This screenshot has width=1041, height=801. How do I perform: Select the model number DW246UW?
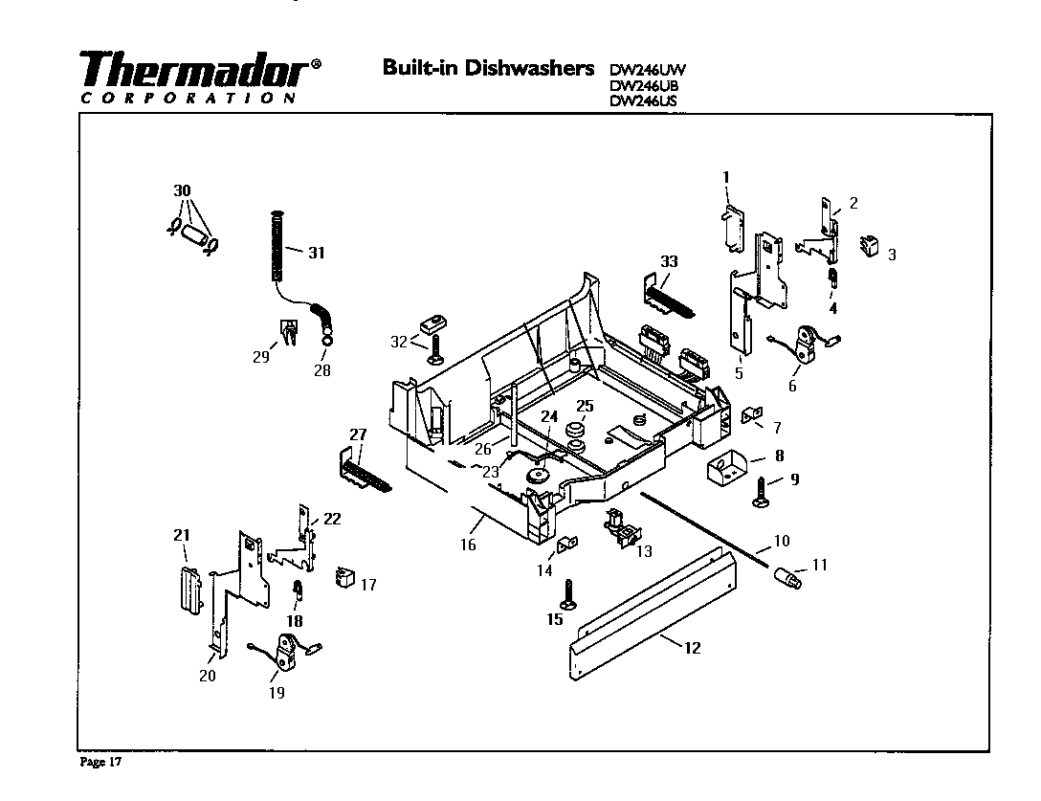click(x=648, y=69)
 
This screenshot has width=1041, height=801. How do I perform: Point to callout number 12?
click(x=693, y=648)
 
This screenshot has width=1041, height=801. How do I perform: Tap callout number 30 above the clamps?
click(x=182, y=191)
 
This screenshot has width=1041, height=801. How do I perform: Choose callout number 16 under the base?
click(x=468, y=545)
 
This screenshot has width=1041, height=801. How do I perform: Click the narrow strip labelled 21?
click(x=188, y=591)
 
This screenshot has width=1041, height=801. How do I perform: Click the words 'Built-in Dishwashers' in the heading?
click(x=488, y=68)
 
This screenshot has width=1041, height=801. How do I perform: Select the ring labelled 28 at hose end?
click(x=327, y=338)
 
